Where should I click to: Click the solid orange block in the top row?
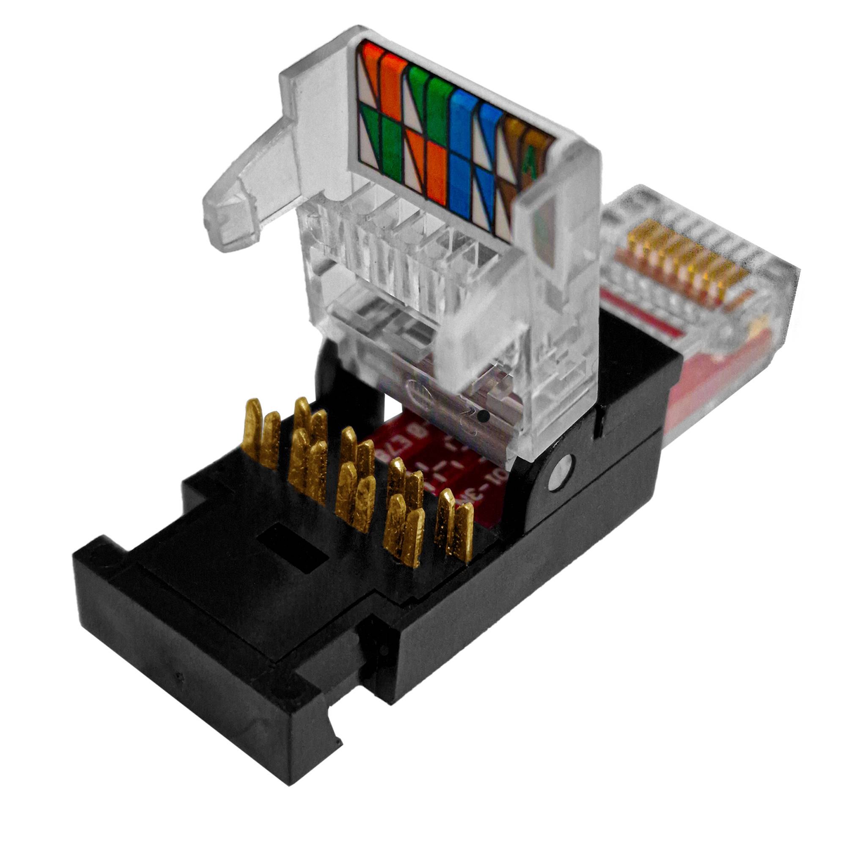pos(393,83)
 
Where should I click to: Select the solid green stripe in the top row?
pos(440,103)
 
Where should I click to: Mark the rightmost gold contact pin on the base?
pos(463,532)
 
